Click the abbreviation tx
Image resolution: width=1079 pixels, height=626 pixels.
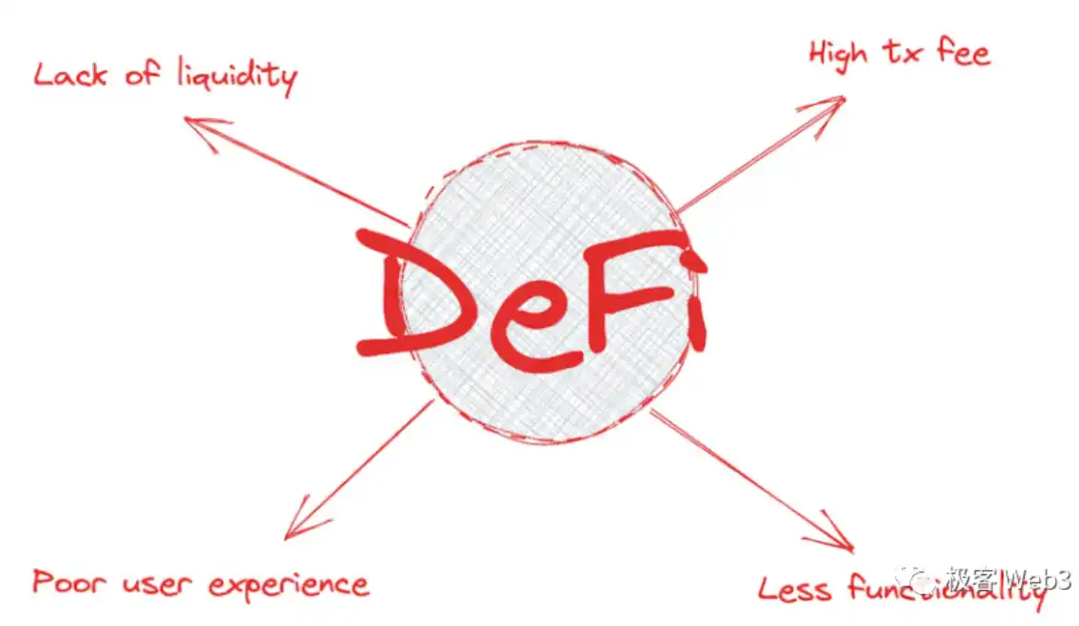pyautogui.click(x=900, y=53)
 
